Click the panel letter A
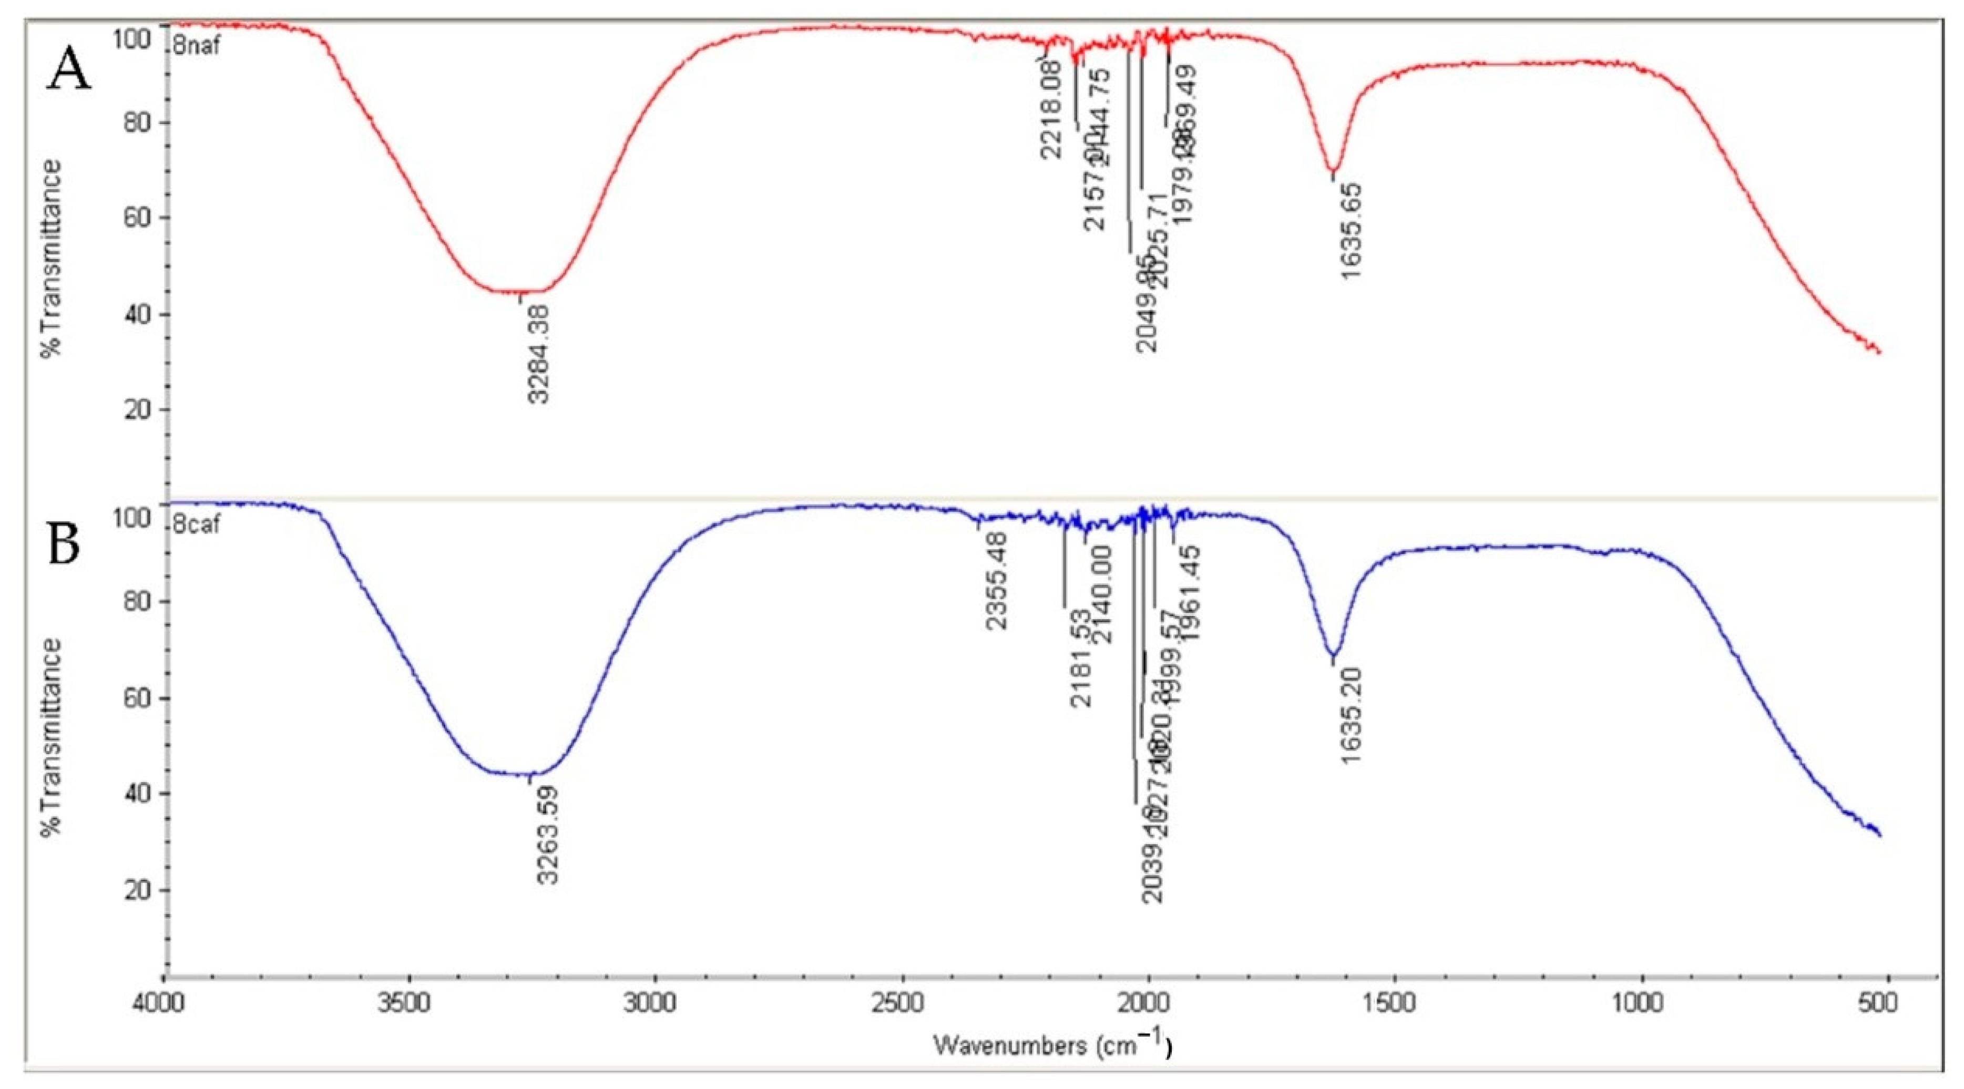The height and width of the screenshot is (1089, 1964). coord(69,74)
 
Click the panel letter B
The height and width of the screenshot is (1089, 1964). coord(64,546)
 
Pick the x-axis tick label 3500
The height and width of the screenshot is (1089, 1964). coord(410,1004)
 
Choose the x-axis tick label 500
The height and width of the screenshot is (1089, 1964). coord(1880,1004)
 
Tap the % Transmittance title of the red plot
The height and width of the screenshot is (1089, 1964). coord(52,259)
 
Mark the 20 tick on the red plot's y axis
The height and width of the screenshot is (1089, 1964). coord(137,409)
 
